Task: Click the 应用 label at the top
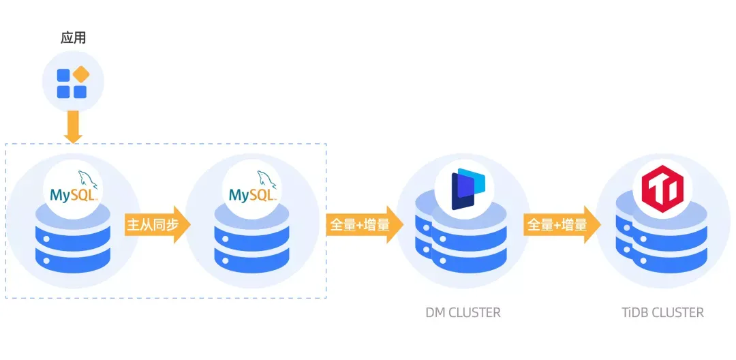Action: click(x=73, y=37)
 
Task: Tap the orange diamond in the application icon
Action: click(x=81, y=74)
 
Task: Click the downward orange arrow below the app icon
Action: click(x=73, y=127)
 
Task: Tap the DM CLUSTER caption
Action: click(x=463, y=313)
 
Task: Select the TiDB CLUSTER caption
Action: click(x=662, y=313)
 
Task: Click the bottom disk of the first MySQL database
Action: click(x=73, y=258)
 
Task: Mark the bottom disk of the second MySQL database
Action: click(x=252, y=258)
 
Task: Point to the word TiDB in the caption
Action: click(x=635, y=313)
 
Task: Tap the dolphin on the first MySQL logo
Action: click(x=89, y=180)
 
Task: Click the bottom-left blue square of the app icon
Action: click(x=63, y=91)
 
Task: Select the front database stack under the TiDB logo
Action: click(x=671, y=242)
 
